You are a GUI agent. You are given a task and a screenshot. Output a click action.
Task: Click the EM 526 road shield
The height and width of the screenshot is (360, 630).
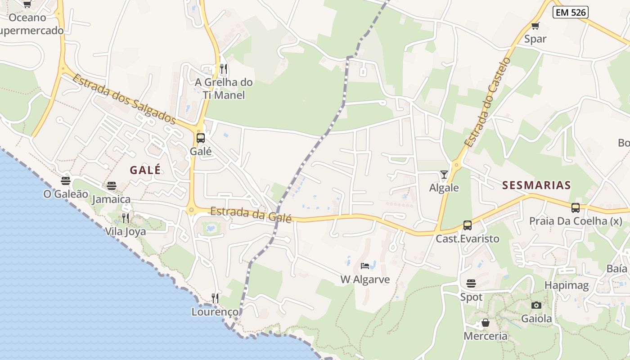tap(571, 13)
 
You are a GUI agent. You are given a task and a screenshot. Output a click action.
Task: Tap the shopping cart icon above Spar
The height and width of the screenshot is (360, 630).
tap(535, 26)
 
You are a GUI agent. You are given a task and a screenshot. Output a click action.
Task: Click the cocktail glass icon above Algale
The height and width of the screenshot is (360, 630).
tap(444, 175)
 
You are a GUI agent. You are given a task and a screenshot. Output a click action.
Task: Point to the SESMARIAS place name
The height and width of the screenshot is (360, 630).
tap(536, 185)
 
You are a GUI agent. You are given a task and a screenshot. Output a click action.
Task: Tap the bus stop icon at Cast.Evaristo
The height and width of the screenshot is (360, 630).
tap(468, 225)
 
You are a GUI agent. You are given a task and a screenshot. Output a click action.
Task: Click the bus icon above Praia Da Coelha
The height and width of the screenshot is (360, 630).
tap(575, 208)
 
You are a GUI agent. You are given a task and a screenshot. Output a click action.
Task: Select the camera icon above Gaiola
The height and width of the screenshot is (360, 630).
tap(536, 306)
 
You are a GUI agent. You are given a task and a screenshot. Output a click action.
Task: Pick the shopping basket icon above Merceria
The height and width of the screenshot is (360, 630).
tap(485, 323)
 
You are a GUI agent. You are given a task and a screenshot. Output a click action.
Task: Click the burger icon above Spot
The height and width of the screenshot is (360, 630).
tap(471, 283)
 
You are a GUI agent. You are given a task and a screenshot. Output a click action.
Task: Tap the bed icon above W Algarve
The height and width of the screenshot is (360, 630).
tap(365, 266)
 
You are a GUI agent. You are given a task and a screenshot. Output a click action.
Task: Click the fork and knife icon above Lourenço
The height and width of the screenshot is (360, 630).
tap(215, 298)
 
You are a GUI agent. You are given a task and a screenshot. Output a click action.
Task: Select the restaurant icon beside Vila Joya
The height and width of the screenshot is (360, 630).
tap(126, 218)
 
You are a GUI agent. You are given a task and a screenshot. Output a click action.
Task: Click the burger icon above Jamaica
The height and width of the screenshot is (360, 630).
tap(112, 186)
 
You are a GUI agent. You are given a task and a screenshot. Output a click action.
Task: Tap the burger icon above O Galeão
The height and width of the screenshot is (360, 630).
tap(66, 181)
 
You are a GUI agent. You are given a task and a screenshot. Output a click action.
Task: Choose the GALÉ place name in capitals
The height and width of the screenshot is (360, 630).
tap(145, 170)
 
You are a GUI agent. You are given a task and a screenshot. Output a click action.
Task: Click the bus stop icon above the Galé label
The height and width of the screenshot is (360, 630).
tap(201, 138)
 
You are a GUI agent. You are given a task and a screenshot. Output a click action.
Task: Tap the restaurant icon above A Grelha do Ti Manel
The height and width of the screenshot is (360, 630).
tap(224, 69)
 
